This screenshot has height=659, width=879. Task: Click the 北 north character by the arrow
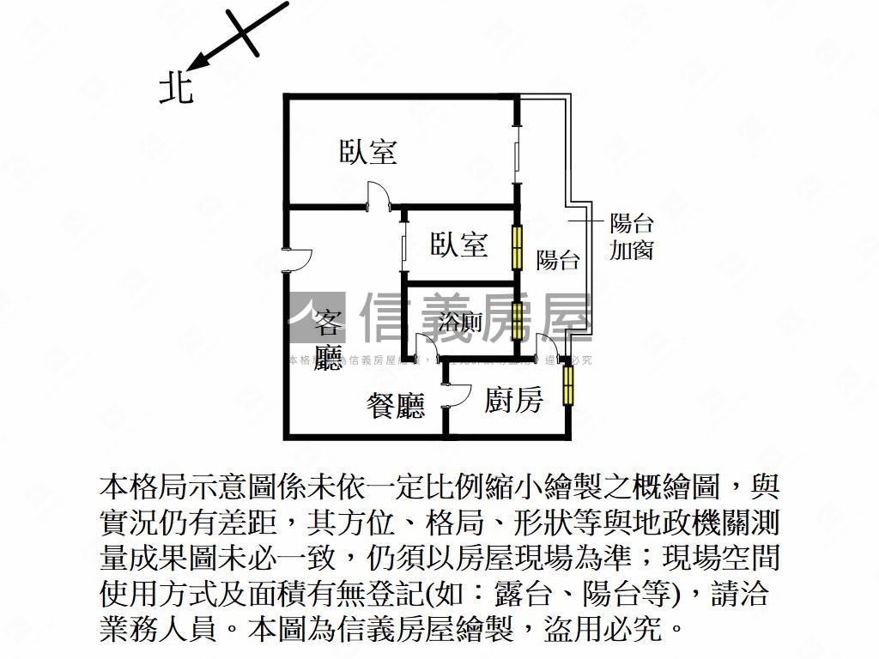tap(176, 87)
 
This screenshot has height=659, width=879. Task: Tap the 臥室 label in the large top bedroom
tap(368, 152)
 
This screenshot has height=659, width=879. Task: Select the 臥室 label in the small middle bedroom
tap(459, 245)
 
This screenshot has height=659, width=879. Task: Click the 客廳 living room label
tap(327, 341)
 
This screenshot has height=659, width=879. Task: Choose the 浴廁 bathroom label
tap(459, 323)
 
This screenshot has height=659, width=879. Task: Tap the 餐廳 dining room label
tap(396, 405)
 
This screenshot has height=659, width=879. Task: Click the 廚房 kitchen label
tap(513, 399)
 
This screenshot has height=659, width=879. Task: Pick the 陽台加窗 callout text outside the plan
tap(632, 237)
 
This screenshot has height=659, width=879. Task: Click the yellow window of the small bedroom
tap(518, 246)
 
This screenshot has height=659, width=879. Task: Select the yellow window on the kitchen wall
tap(567, 385)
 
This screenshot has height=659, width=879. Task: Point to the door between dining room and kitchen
tap(455, 396)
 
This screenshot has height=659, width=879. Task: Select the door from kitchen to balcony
tap(549, 347)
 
